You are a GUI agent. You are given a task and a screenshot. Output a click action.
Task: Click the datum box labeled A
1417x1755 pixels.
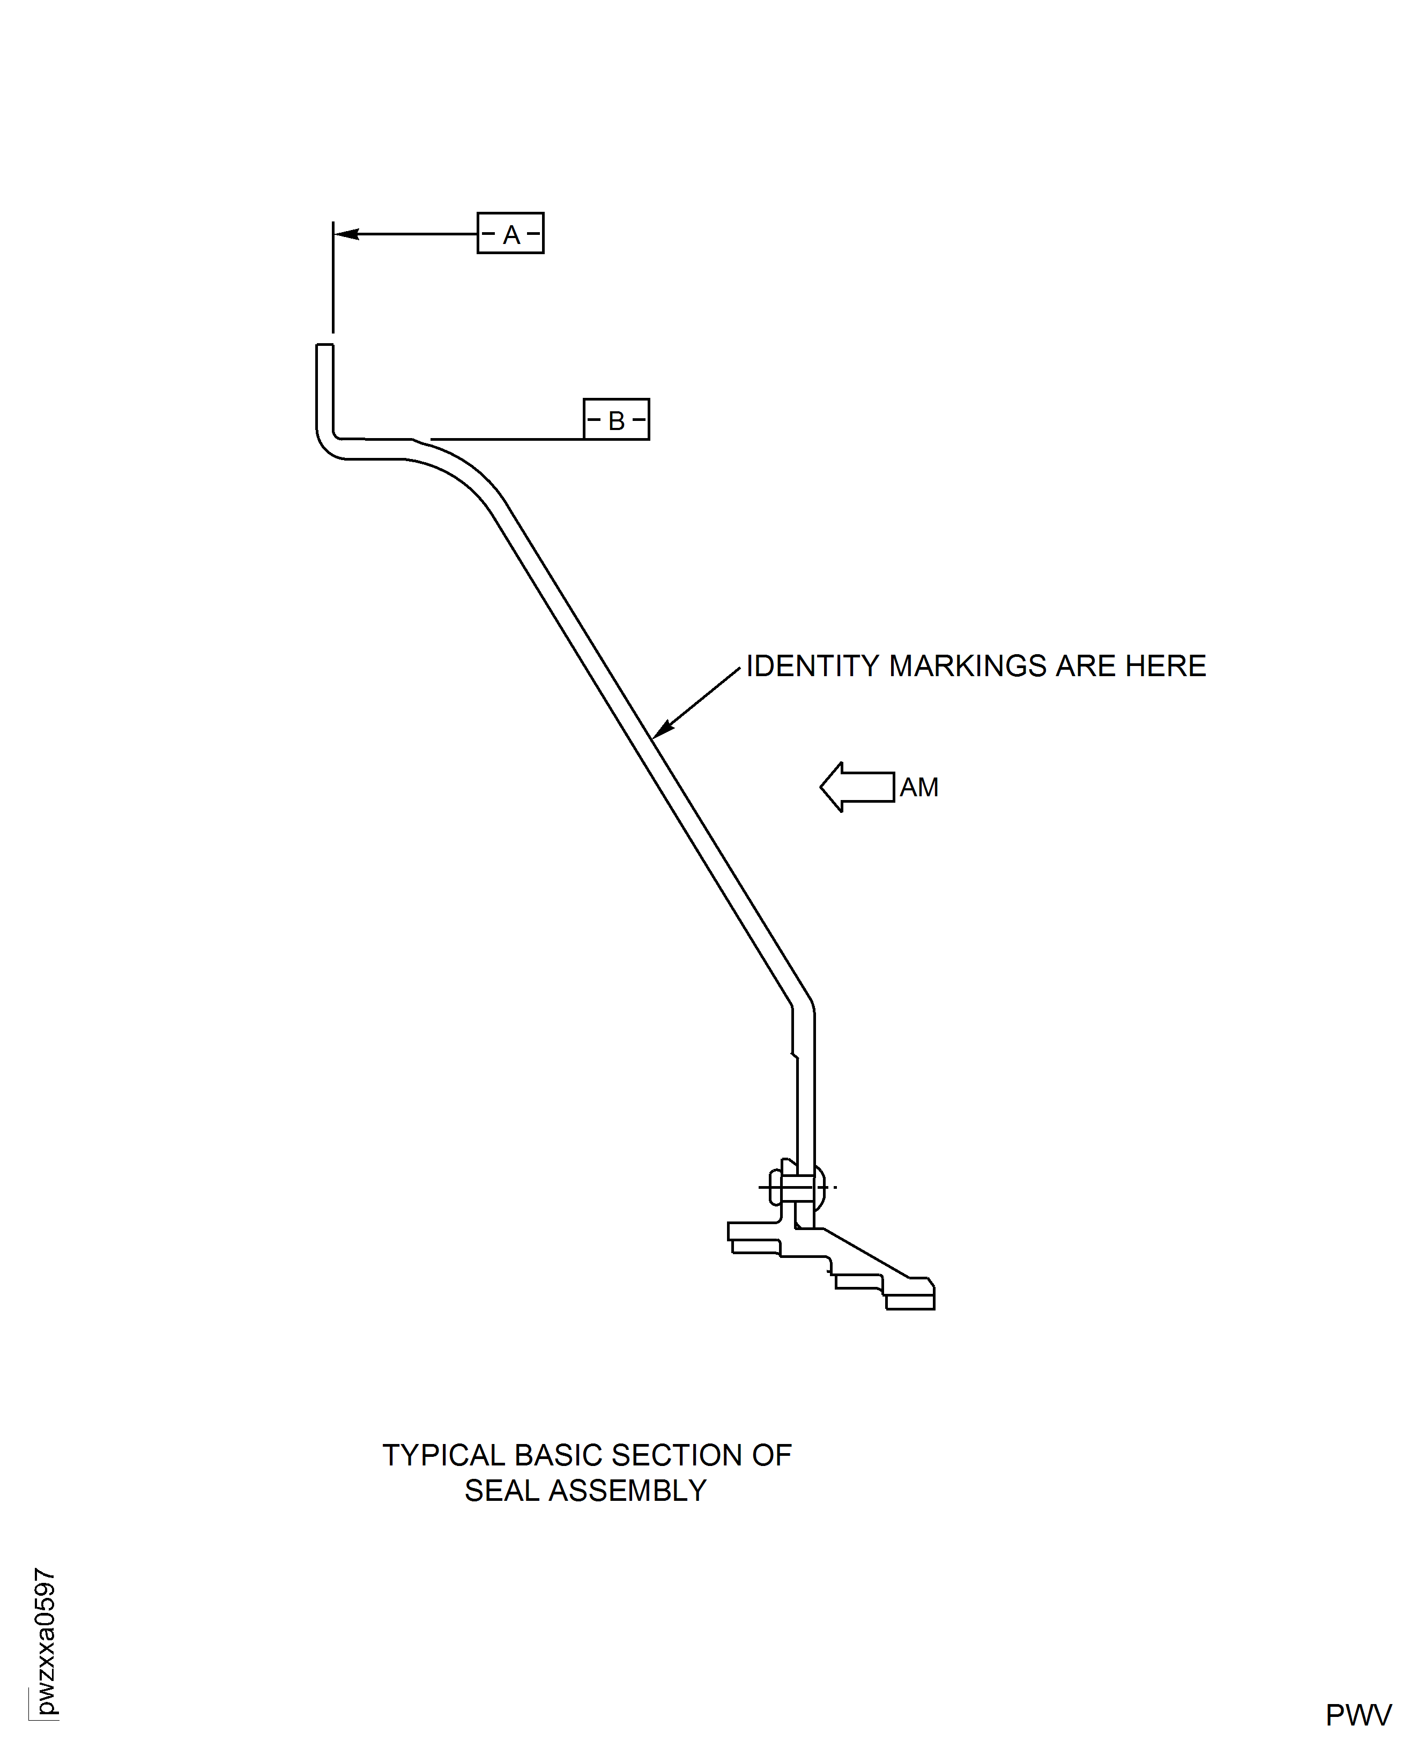[x=510, y=233]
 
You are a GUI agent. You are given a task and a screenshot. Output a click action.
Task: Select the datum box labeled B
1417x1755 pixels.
[x=616, y=419]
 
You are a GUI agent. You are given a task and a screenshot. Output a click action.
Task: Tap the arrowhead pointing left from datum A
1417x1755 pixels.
[x=347, y=234]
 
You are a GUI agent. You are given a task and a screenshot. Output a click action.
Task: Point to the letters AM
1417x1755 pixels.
[x=919, y=788]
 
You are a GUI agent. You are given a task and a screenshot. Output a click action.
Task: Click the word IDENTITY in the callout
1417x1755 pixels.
[x=812, y=666]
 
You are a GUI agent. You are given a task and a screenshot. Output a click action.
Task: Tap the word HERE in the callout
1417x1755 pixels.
[x=1165, y=666]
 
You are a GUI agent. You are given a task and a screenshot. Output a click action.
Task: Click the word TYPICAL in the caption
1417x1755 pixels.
[x=443, y=1455]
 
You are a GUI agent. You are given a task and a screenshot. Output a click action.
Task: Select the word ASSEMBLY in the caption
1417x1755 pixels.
[x=627, y=1491]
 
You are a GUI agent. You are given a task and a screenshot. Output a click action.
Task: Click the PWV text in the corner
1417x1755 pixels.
[x=1358, y=1715]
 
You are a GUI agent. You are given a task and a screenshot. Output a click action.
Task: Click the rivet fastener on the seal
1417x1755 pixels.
[x=796, y=1187]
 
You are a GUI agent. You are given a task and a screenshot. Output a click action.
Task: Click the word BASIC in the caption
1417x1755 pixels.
[x=558, y=1455]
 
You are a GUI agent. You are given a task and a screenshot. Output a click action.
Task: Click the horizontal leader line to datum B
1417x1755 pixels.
[x=506, y=439]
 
